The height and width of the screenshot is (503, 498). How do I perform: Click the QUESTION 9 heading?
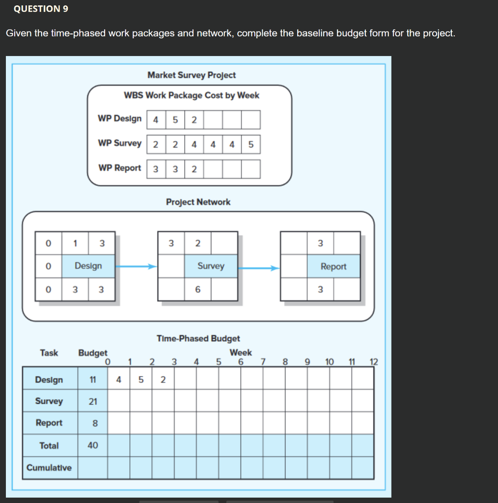pos(41,9)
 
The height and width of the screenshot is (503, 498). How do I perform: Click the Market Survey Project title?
pos(192,75)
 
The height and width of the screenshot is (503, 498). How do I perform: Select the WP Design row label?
pos(119,119)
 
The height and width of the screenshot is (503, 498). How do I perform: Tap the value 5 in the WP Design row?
pos(175,119)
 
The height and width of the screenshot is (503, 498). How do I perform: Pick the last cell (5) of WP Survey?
pos(250,144)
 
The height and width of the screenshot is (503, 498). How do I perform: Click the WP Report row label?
pos(119,168)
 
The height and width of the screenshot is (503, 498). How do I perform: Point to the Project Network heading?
pos(198,202)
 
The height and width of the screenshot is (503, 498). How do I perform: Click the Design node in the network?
pos(88,266)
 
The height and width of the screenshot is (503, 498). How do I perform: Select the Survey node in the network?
pos(211,266)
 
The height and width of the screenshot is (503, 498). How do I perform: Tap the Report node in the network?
pos(333,266)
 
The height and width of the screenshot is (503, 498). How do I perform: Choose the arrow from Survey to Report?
pos(259,268)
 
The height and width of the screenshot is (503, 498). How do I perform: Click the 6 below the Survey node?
pos(197,290)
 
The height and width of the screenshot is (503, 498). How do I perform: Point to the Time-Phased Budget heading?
pos(198,338)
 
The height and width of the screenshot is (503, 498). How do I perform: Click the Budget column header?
pos(93,353)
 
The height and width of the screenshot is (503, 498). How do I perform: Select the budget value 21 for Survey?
pos(93,401)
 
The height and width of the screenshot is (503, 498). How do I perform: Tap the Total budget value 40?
pos(93,446)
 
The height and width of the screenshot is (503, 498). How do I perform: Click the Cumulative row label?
pos(49,468)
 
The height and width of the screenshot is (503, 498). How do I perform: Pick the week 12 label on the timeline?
pos(374,363)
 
